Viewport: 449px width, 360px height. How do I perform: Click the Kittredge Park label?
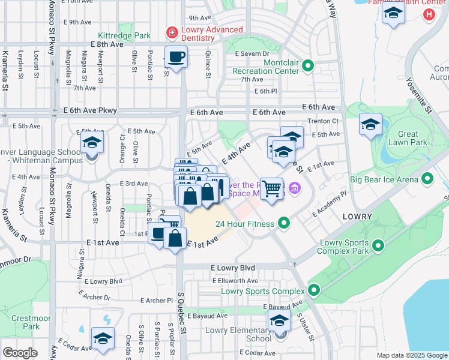(127, 35)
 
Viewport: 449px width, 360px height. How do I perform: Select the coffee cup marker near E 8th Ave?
(175, 58)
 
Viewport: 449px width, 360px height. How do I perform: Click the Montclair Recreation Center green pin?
(309, 65)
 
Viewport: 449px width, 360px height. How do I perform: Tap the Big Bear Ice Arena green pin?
(427, 178)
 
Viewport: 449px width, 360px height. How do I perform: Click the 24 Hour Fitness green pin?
(285, 224)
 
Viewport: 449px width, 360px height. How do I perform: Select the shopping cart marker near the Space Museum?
(272, 189)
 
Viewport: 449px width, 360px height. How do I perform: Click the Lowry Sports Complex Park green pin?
(378, 245)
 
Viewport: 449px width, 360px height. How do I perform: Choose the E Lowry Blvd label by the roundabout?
(233, 268)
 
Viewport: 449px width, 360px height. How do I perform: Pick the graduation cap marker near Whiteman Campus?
(92, 143)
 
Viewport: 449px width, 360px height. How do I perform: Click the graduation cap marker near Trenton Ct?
(371, 125)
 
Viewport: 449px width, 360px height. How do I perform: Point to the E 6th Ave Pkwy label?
(90, 110)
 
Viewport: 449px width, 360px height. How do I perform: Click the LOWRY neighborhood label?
(358, 216)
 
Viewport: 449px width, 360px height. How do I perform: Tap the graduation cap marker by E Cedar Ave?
(103, 339)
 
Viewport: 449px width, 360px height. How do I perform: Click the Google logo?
(20, 353)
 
